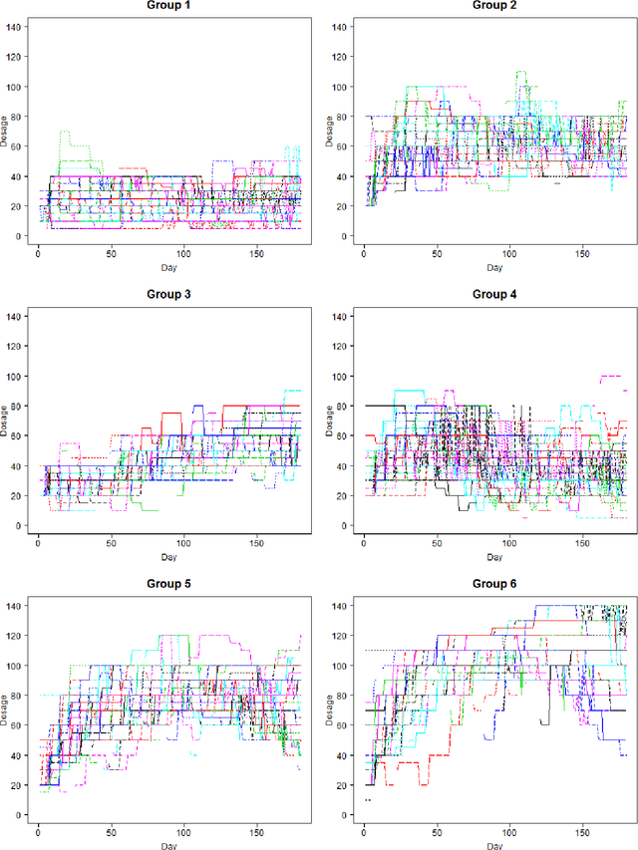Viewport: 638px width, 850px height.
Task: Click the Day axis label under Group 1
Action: (x=169, y=268)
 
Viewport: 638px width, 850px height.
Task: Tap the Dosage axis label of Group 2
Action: (x=333, y=131)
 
